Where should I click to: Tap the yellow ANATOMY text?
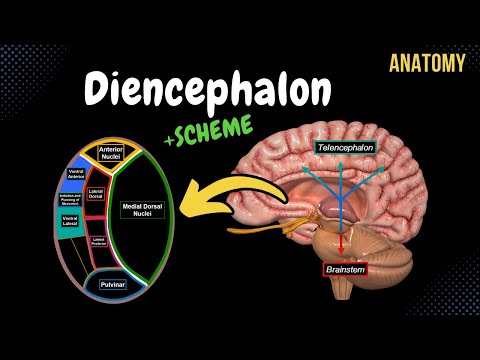pyautogui.click(x=427, y=64)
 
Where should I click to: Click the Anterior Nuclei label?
pyautogui.click(x=109, y=153)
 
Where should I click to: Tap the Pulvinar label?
pyautogui.click(x=111, y=285)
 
